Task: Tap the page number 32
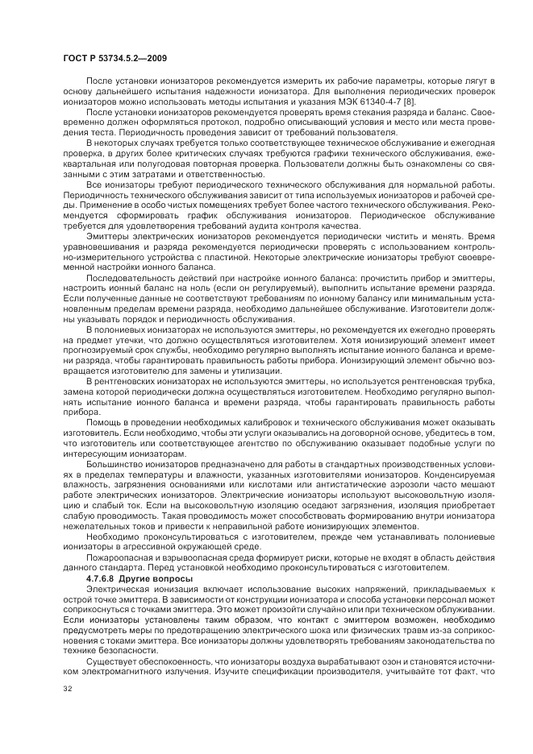(66, 688)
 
